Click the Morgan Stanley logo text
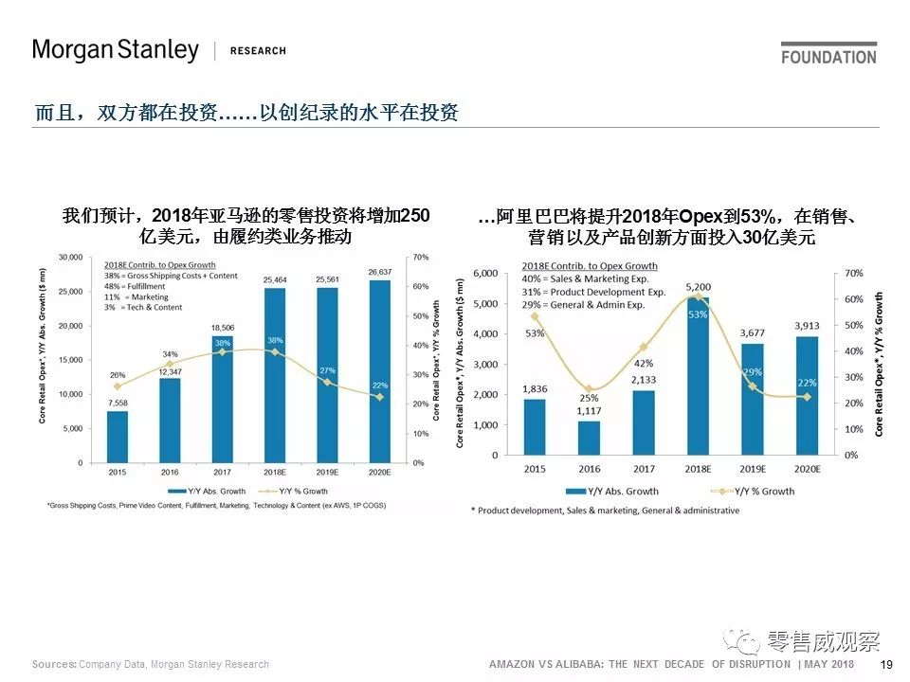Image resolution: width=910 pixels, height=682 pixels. coord(115,50)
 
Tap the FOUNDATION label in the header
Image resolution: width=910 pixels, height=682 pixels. coord(828,57)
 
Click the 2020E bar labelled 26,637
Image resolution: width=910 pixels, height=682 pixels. coord(378,369)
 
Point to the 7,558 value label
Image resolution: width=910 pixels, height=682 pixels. coord(117,403)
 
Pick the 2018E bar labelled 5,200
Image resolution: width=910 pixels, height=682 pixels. coord(697,379)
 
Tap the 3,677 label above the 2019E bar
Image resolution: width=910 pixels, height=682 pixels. coord(751,332)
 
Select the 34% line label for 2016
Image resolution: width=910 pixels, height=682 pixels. coord(171,354)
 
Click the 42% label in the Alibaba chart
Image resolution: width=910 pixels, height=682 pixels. coord(644,364)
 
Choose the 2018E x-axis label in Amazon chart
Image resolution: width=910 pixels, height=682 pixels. coord(274,472)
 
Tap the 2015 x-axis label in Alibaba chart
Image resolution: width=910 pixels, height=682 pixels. coord(534,469)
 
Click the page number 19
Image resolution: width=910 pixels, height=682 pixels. coord(887,665)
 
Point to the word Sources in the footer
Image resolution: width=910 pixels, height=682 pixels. coord(54,665)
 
